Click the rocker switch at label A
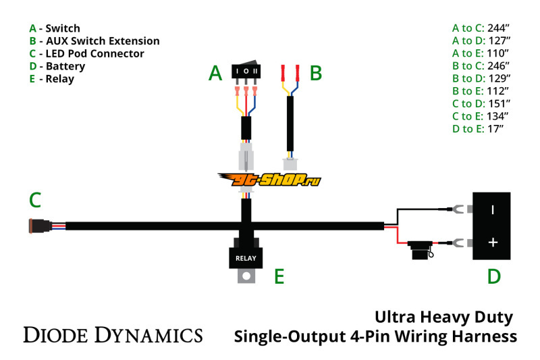(x=246, y=72)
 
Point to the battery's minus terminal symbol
(x=493, y=209)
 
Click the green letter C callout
(x=35, y=200)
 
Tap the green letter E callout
(x=279, y=276)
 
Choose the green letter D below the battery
(x=494, y=276)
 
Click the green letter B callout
(x=315, y=73)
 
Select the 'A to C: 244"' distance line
(x=481, y=28)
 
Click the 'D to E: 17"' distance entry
(x=481, y=128)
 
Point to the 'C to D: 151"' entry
(x=481, y=103)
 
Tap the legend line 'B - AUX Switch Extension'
(x=94, y=41)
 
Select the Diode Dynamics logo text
(x=113, y=334)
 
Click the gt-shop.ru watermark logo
(x=269, y=180)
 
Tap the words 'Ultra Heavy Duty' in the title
(x=443, y=317)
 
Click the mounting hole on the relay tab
(x=248, y=276)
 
